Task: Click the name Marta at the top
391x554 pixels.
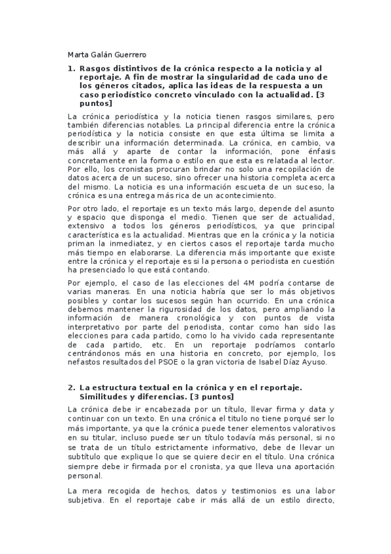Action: coord(79,54)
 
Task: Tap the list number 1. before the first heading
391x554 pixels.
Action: coord(72,69)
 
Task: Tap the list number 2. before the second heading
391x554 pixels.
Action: coord(72,387)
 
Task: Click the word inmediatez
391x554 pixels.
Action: coord(147,244)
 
